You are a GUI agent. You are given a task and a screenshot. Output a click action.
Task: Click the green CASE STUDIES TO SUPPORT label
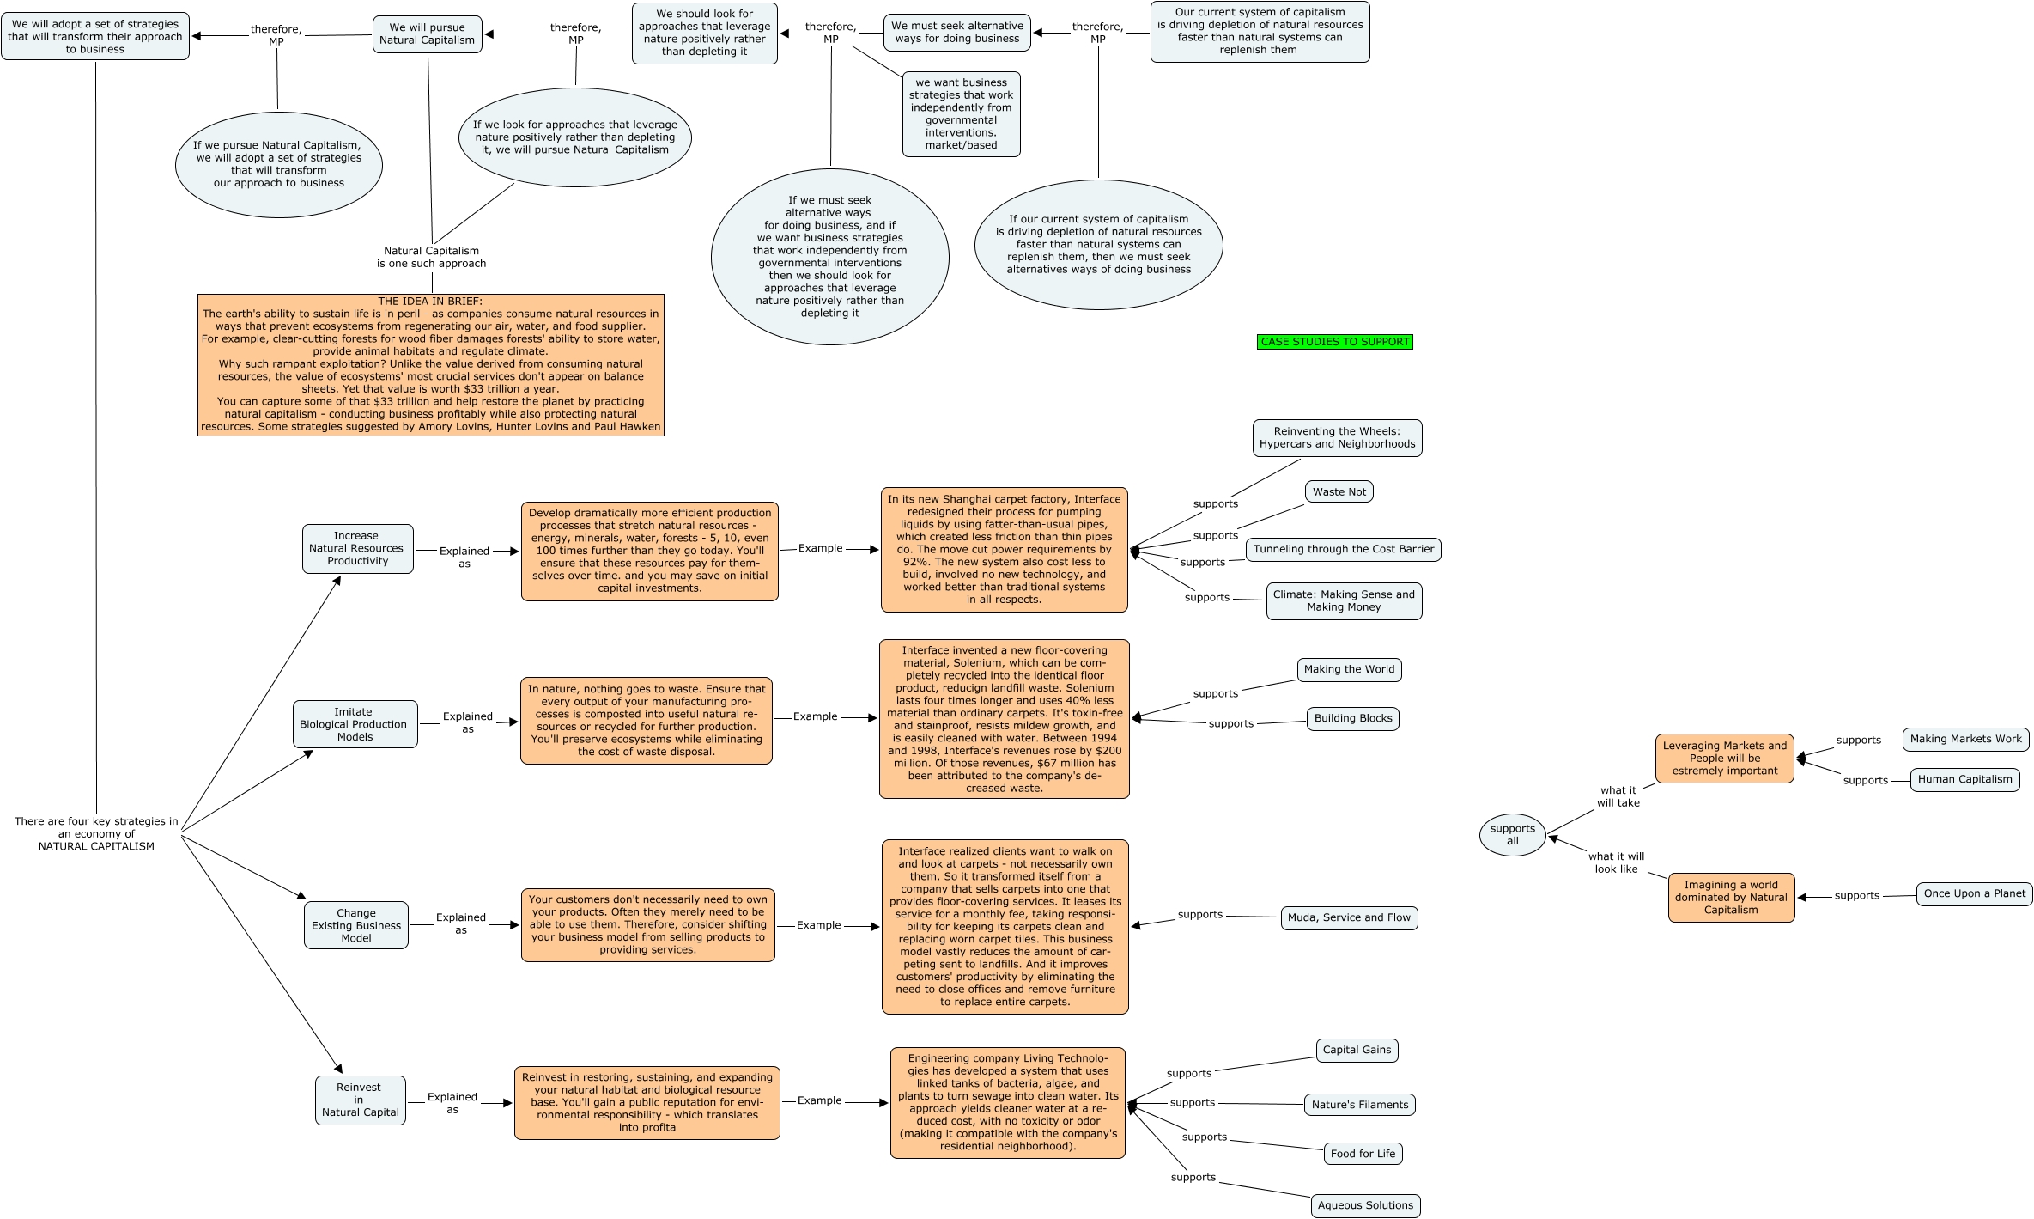(1334, 342)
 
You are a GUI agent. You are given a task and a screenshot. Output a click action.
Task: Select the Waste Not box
(1339, 492)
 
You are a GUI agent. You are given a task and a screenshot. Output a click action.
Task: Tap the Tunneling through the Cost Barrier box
(1343, 550)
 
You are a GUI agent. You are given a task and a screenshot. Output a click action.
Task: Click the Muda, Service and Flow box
(1349, 917)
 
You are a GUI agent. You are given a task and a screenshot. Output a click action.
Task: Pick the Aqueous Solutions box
(1364, 1205)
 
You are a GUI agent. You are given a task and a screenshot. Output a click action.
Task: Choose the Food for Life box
(1363, 1154)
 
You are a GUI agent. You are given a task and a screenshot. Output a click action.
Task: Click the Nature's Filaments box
(1359, 1105)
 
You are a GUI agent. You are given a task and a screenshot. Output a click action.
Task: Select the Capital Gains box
(1357, 1050)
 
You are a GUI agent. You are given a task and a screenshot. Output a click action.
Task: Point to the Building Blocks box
(1352, 718)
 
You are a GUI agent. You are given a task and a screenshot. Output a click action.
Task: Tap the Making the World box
(1349, 669)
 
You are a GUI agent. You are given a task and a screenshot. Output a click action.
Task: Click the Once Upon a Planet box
(1974, 893)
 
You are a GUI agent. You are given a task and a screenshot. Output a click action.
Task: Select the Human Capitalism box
(1964, 779)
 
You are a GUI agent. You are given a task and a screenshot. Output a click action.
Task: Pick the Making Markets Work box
(1965, 739)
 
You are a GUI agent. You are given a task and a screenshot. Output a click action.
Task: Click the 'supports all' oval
(1512, 835)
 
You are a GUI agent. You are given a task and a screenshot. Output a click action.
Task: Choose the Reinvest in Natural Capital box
(360, 1100)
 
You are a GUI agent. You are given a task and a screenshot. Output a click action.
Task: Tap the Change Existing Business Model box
(355, 925)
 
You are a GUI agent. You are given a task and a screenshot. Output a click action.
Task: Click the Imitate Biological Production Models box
(355, 724)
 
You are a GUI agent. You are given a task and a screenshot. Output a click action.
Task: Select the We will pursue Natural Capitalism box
(427, 34)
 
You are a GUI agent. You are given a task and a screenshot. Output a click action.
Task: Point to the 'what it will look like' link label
(1616, 862)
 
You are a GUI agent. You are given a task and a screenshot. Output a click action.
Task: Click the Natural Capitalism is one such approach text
(431, 258)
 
